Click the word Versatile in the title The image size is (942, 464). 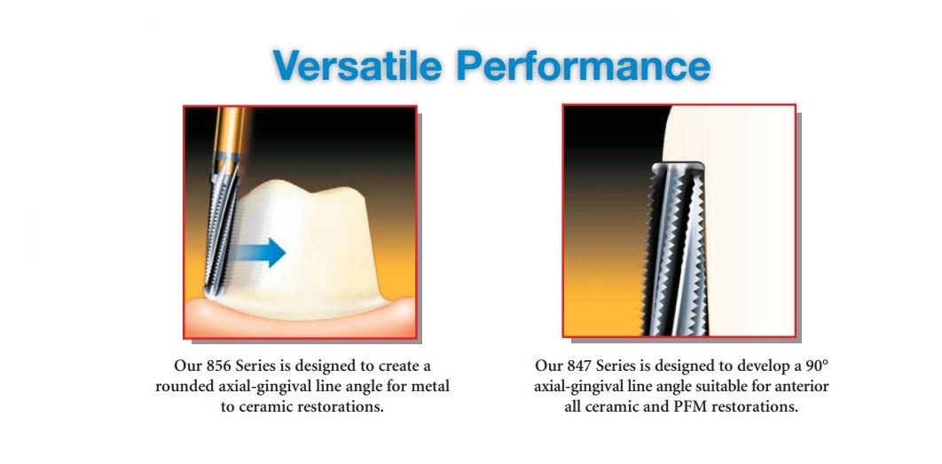[358, 65]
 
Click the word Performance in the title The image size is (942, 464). [584, 65]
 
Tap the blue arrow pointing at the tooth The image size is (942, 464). [259, 253]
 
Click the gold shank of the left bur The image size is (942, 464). [231, 131]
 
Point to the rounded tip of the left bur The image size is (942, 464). [212, 292]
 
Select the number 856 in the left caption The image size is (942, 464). [219, 366]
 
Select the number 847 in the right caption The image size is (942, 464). [580, 366]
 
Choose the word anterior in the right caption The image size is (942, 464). [802, 387]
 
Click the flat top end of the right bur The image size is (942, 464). [679, 165]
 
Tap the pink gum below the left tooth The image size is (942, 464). [300, 321]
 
